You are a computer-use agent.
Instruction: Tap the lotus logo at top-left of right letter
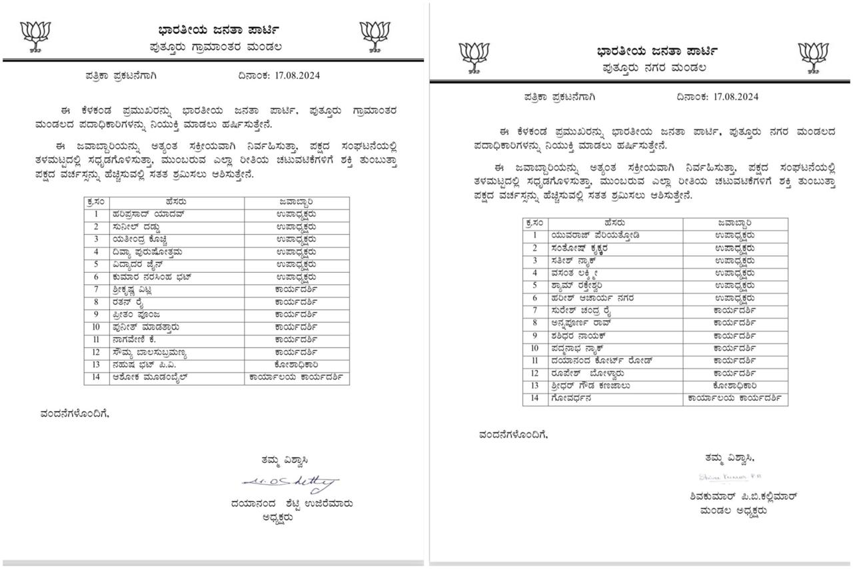point(474,57)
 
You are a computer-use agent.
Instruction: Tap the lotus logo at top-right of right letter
point(814,57)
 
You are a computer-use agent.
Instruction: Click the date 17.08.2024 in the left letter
point(297,75)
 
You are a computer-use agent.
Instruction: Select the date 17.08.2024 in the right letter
point(736,97)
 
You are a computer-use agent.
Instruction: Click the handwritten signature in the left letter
point(290,482)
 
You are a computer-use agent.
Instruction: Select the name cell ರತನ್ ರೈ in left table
point(127,302)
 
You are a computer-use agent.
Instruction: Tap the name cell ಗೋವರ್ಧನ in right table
point(571,398)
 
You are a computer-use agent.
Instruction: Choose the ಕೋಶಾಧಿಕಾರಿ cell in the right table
point(734,386)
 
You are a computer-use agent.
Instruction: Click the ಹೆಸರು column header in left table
point(177,201)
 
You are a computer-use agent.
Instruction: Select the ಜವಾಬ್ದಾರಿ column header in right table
point(735,223)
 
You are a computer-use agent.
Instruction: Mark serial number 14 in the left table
point(97,378)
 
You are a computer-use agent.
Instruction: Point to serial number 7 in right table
point(534,310)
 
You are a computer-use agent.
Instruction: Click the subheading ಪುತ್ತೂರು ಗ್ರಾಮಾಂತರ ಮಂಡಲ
point(215,47)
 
